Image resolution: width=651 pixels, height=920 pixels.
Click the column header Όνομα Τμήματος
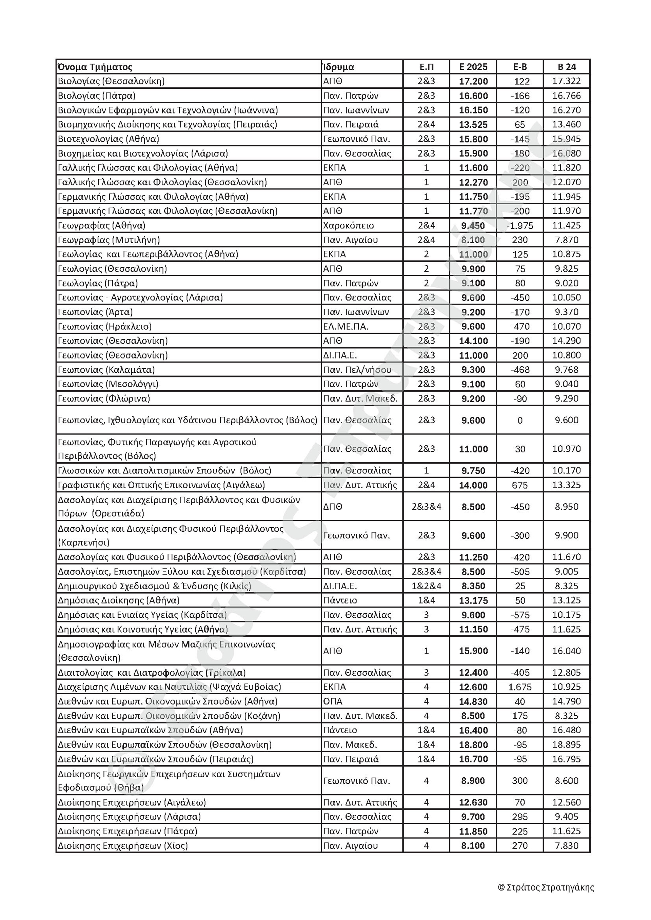coord(95,67)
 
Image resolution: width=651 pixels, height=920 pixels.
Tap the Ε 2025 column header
coord(473,67)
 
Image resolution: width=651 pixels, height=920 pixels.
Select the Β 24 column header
coord(567,67)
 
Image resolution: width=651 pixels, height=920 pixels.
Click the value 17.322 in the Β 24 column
coord(567,81)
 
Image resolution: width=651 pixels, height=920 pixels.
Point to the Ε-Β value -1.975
coord(520,226)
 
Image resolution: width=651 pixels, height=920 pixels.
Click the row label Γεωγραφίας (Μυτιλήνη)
coord(108,240)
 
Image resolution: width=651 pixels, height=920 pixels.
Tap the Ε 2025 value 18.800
coord(473,745)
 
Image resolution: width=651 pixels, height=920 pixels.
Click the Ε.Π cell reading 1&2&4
coord(426,586)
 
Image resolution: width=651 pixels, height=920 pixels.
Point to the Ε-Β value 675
coord(520,485)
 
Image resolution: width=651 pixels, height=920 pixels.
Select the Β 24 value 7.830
coord(567,846)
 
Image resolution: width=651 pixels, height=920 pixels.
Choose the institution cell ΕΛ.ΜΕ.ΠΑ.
coord(346,327)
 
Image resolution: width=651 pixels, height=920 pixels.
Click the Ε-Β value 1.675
coord(520,687)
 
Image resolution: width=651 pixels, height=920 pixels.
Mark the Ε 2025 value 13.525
coord(473,125)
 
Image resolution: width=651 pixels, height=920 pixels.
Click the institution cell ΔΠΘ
coord(333,507)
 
